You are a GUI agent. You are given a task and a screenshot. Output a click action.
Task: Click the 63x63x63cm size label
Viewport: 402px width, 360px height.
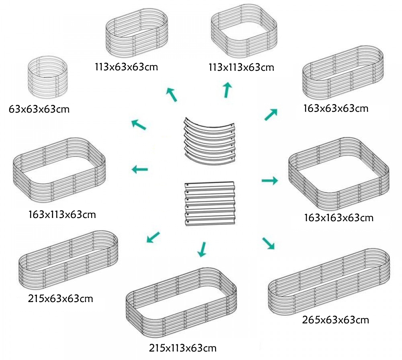(x=39, y=109)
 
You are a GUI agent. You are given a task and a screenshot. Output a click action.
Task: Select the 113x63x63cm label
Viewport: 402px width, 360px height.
(x=127, y=66)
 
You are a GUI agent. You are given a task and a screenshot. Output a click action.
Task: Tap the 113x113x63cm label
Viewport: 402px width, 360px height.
(x=241, y=67)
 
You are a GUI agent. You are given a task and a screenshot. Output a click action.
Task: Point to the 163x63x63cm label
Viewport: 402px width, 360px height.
(x=336, y=108)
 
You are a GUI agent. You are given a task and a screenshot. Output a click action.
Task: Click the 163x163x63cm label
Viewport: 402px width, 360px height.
(x=339, y=218)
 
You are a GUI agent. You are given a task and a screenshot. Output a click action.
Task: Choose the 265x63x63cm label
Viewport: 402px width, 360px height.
(x=335, y=320)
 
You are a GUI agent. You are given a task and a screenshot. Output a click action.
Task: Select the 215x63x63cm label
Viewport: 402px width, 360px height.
(x=61, y=299)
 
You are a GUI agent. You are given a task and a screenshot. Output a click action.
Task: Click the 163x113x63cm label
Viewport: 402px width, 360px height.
(x=62, y=214)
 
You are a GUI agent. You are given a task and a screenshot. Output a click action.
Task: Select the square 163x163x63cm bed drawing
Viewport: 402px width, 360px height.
(x=338, y=173)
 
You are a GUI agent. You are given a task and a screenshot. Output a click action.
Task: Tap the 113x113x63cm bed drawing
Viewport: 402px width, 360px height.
(x=244, y=32)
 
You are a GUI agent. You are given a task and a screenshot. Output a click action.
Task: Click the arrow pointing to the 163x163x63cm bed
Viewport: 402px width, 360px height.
(x=270, y=181)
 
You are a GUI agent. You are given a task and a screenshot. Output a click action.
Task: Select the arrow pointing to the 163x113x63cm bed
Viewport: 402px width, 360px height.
(x=140, y=169)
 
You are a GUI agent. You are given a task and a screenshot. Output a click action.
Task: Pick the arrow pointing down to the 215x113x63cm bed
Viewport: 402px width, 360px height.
(x=203, y=249)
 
